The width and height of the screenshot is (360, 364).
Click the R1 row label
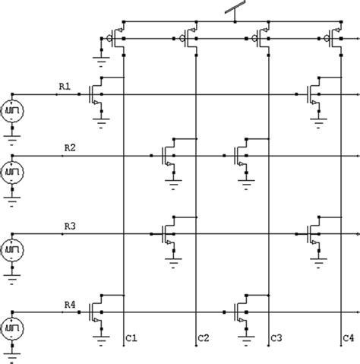tap(65, 87)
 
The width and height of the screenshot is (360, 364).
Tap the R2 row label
tap(69, 148)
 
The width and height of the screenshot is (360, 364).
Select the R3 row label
tap(69, 226)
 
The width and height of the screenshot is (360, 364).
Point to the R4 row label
tap(69, 304)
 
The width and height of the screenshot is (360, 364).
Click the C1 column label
tap(131, 337)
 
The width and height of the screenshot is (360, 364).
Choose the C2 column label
tap(203, 337)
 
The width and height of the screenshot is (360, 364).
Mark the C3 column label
tap(276, 337)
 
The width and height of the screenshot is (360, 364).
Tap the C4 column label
tap(348, 337)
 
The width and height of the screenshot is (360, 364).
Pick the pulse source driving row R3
tap(13, 250)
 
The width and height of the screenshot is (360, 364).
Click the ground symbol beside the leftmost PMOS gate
tap(99, 53)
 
